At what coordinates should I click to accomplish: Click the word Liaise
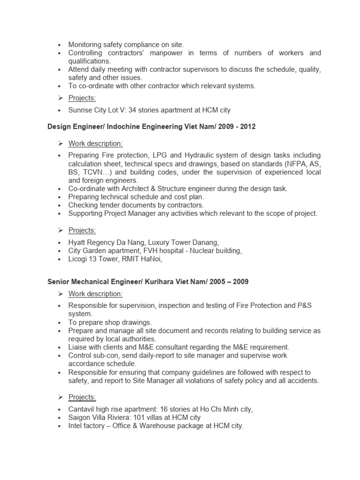(x=78, y=347)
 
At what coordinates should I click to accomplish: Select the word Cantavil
(x=82, y=409)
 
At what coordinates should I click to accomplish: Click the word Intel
(x=75, y=426)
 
